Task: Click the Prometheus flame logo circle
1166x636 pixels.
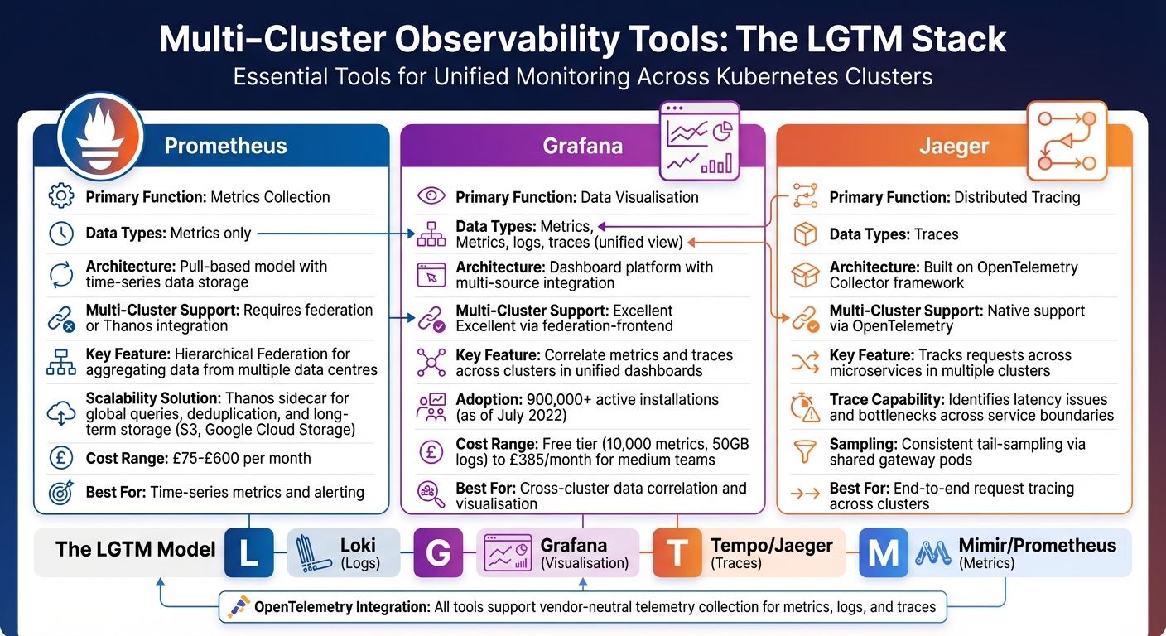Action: coord(101,135)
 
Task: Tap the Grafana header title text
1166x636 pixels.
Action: coord(583,147)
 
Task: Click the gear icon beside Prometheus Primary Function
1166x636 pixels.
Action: coord(62,197)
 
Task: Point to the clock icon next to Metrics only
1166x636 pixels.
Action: coord(62,234)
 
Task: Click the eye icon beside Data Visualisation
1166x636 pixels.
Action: coord(431,197)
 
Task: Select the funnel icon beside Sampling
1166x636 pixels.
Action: coord(805,452)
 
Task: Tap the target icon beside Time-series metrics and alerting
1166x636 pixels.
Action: coord(62,492)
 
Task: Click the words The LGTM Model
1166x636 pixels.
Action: coord(135,549)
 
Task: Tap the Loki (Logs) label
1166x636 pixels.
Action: coord(358,553)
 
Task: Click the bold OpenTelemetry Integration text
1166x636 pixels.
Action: coord(342,607)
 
